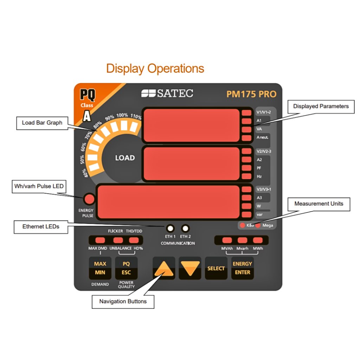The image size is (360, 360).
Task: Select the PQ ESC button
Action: [x=126, y=268]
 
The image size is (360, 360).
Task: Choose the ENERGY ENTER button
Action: [x=242, y=268]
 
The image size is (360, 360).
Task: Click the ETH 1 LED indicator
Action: [x=170, y=227]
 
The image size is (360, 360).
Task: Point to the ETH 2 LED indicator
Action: [x=185, y=227]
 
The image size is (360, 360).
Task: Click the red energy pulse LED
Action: [x=89, y=199]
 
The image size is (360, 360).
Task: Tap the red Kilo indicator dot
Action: [x=242, y=225]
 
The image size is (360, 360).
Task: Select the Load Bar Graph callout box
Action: [x=42, y=123]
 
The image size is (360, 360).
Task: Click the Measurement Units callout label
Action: [x=319, y=204]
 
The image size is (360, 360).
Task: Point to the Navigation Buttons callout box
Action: [x=123, y=301]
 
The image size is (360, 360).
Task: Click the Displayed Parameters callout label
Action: [x=321, y=106]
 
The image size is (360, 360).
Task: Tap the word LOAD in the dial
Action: [x=125, y=158]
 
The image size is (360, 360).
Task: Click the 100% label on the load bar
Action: [x=122, y=115]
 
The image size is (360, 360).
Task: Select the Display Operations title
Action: [x=155, y=68]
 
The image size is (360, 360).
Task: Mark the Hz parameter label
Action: [x=259, y=176]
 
